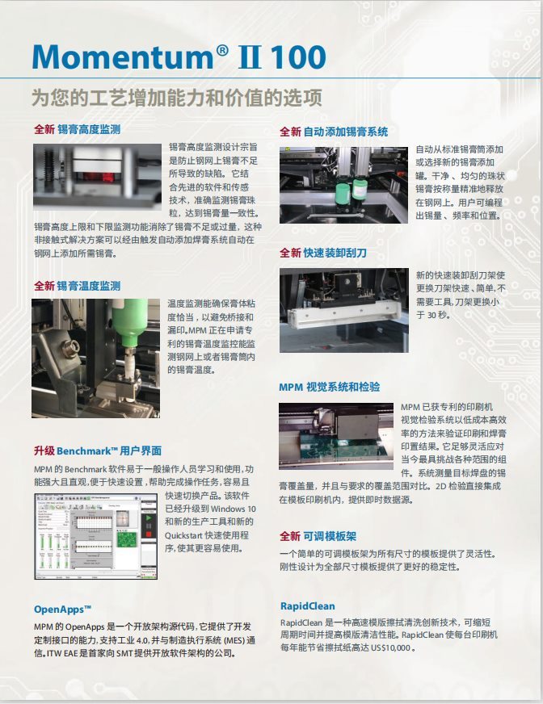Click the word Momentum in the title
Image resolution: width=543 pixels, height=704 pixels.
123,57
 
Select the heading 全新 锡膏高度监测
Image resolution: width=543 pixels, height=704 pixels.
78,129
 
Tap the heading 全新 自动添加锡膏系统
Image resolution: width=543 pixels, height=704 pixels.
334,132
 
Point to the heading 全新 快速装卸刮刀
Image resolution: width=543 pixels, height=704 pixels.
322,253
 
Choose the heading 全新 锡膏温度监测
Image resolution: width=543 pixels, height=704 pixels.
78,286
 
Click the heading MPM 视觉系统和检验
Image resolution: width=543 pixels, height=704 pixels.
329,387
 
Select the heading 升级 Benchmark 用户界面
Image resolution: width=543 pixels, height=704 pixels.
98,450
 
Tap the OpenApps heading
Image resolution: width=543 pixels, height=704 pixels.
62,610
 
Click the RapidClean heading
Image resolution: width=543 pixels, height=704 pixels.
308,606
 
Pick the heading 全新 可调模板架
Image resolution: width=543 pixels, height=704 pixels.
318,536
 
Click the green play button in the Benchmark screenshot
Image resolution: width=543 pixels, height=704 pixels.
148,518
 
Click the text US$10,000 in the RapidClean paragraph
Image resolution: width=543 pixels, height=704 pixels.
390,647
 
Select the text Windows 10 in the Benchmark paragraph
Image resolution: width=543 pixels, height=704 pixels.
233,509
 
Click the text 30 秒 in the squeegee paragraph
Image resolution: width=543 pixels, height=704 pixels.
438,315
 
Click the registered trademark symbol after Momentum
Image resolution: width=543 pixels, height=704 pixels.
222,50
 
